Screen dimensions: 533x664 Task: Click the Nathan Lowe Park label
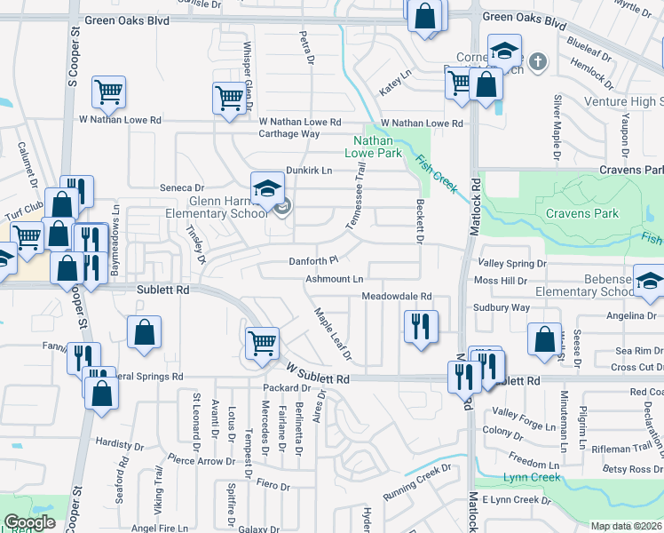378,147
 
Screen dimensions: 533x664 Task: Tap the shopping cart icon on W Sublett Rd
262,341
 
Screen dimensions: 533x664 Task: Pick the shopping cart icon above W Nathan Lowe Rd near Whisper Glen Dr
229,97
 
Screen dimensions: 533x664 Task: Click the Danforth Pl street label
314,261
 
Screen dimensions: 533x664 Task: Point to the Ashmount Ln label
336,279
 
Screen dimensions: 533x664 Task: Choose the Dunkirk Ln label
308,170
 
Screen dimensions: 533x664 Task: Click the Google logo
29,522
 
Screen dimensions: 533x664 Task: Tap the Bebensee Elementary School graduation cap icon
649,281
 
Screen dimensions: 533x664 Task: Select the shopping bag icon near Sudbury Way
543,338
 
